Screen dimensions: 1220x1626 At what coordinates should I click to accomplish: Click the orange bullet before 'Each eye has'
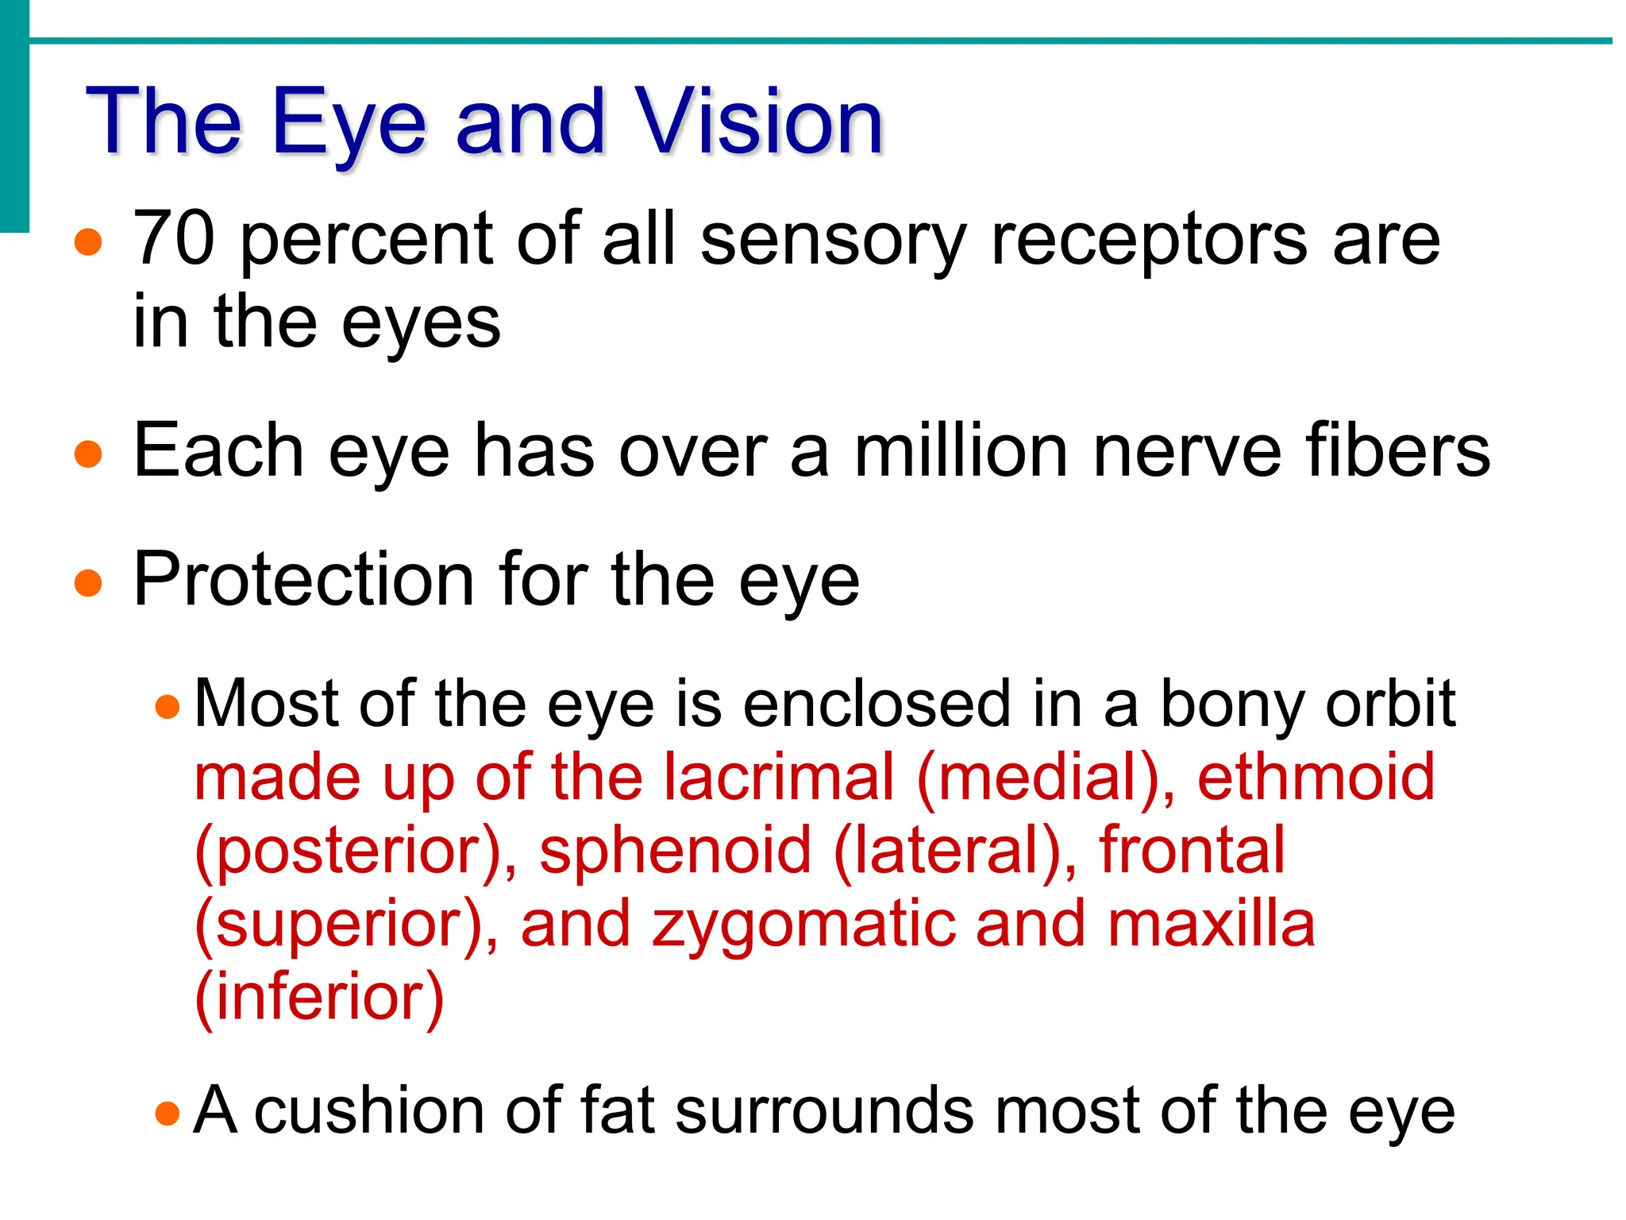tap(88, 454)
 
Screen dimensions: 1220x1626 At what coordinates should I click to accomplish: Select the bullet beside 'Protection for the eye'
tap(88, 583)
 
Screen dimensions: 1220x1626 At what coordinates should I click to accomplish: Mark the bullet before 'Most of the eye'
tap(168, 706)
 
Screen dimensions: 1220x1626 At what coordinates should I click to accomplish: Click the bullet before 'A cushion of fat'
tap(168, 1113)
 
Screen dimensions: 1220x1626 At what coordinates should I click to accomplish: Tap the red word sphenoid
tap(676, 850)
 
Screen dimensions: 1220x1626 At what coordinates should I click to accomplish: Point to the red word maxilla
tap(1211, 924)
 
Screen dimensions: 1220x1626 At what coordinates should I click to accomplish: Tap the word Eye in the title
tap(349, 123)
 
